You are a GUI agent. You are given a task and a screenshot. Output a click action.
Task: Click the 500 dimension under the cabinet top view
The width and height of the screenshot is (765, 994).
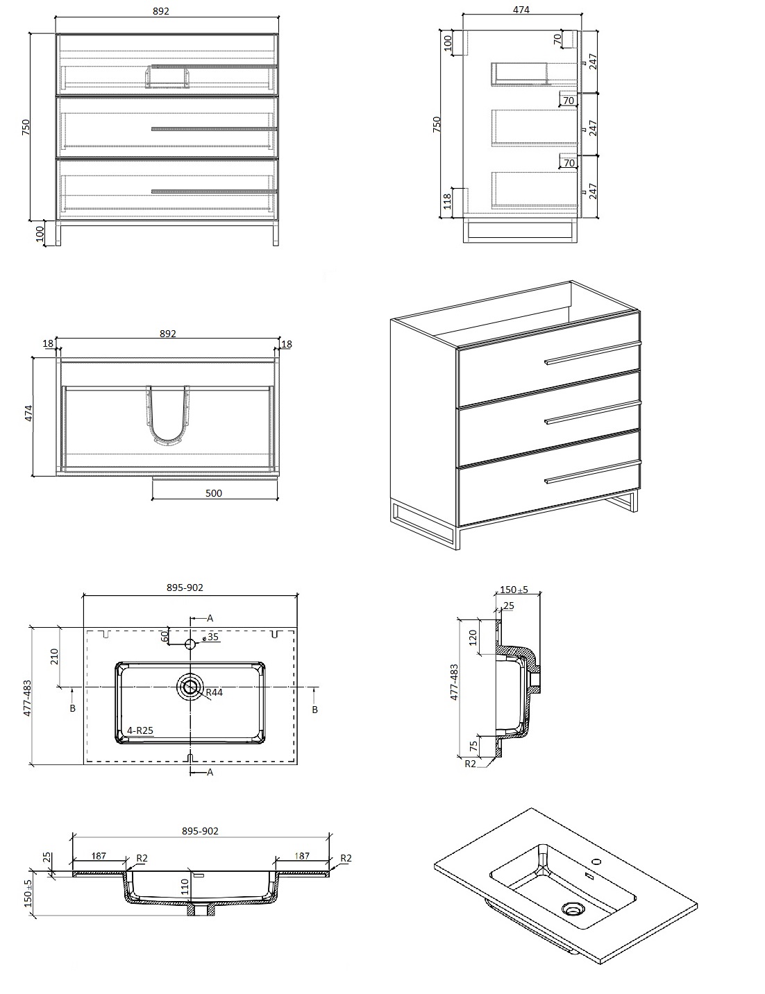(x=213, y=493)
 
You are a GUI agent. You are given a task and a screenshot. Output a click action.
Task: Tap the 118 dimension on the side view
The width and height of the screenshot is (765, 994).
(x=447, y=201)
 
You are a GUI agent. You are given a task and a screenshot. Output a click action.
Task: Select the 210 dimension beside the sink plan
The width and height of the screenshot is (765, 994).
(x=54, y=657)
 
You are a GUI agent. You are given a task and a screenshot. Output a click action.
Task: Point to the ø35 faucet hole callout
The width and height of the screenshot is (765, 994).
(x=210, y=637)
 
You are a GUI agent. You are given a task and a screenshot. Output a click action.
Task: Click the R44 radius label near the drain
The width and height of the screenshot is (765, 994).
(x=215, y=692)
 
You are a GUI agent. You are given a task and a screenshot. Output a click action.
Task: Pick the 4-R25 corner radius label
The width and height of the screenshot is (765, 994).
(x=140, y=730)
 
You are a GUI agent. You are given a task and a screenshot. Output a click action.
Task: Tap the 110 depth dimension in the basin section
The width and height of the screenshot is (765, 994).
(x=185, y=887)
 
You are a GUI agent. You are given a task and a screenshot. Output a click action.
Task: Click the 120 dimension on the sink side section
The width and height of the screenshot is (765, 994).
(x=473, y=637)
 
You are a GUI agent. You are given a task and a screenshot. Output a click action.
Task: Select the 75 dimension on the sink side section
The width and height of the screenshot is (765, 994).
(x=473, y=746)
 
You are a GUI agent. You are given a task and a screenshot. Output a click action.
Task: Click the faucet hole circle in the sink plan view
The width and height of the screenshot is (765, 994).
(x=190, y=644)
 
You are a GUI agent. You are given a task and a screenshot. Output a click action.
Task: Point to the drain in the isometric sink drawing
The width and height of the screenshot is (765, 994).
(x=572, y=909)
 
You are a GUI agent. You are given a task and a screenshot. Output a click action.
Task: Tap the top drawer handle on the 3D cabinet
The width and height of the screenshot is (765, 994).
(x=593, y=353)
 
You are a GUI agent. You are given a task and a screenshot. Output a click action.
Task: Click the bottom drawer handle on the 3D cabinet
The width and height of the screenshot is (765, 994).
(x=593, y=473)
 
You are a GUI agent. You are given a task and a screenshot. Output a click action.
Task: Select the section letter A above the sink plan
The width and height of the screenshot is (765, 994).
(x=210, y=618)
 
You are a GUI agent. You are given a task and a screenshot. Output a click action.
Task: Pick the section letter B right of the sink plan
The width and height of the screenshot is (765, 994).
(x=314, y=710)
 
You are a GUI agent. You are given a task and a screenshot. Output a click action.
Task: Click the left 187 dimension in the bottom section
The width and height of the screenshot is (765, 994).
(x=99, y=855)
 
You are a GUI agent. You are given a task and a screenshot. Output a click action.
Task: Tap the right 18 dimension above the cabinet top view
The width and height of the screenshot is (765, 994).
(x=287, y=343)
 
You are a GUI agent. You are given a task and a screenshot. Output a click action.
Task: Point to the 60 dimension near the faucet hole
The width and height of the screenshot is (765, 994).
(x=165, y=635)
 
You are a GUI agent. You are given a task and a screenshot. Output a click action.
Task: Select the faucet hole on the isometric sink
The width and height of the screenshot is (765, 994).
(x=596, y=862)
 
